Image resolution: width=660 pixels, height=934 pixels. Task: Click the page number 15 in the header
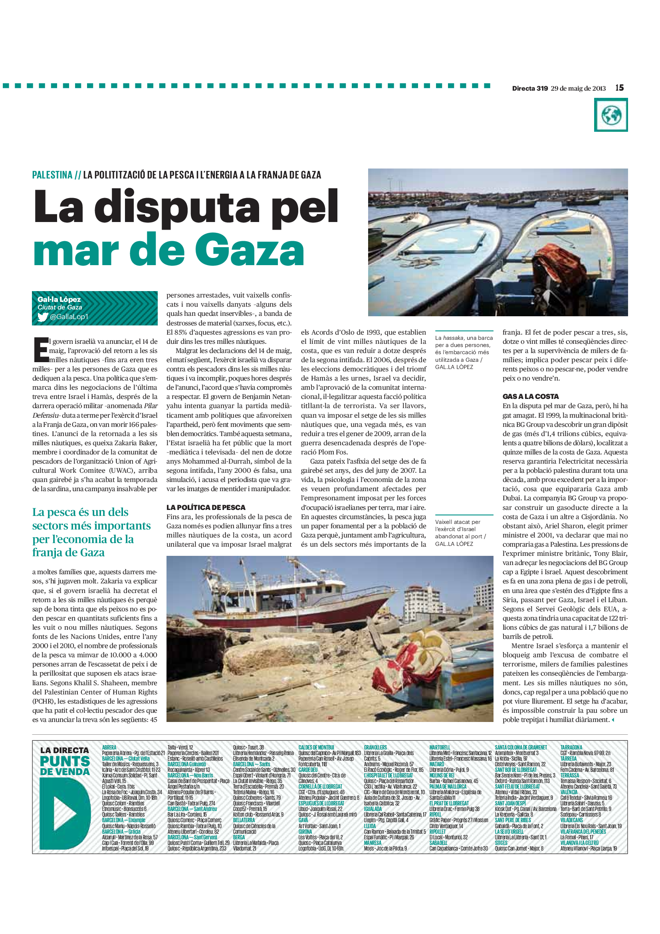point(619,88)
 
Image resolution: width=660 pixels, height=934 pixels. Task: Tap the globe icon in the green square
point(611,115)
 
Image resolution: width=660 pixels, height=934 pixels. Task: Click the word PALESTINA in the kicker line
point(52,175)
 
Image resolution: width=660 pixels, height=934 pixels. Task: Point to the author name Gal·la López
point(59,299)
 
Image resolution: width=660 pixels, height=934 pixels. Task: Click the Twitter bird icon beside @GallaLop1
point(43,317)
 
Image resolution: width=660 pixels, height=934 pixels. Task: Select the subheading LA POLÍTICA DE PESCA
point(206,507)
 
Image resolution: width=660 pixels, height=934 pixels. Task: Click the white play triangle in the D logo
point(65,813)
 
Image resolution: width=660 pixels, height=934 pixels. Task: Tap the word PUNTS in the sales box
point(65,761)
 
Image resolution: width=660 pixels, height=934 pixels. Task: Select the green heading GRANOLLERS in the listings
point(375,747)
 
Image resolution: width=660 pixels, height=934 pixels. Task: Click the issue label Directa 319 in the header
point(529,88)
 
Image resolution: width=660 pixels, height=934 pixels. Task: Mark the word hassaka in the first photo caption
point(453,338)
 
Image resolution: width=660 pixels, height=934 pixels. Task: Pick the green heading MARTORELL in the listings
point(440,747)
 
